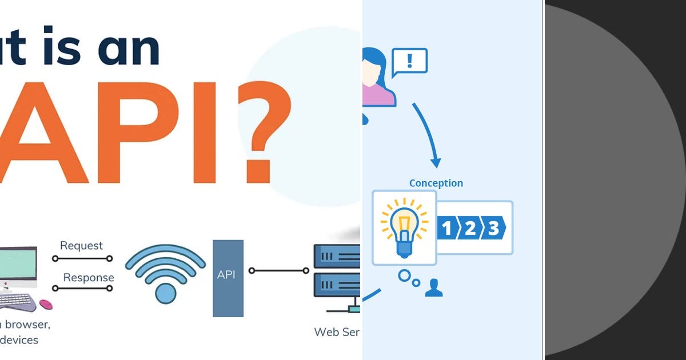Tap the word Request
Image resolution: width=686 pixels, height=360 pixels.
coord(81,246)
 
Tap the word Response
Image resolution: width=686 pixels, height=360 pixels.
coord(88,278)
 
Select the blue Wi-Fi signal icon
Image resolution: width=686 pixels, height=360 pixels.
coord(165,274)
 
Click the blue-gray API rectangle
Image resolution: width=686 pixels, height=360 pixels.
coord(228,278)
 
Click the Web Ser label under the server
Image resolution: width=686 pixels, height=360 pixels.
coord(337,332)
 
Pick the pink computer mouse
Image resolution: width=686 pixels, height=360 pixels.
coord(46,305)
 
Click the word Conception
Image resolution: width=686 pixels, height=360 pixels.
coord(436,183)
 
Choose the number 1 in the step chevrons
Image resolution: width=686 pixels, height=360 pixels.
coord(447,229)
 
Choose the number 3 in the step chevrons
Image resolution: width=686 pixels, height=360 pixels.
coord(493,229)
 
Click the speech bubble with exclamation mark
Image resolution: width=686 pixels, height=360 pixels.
coord(409,61)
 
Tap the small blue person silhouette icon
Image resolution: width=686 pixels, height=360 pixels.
coord(434,287)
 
